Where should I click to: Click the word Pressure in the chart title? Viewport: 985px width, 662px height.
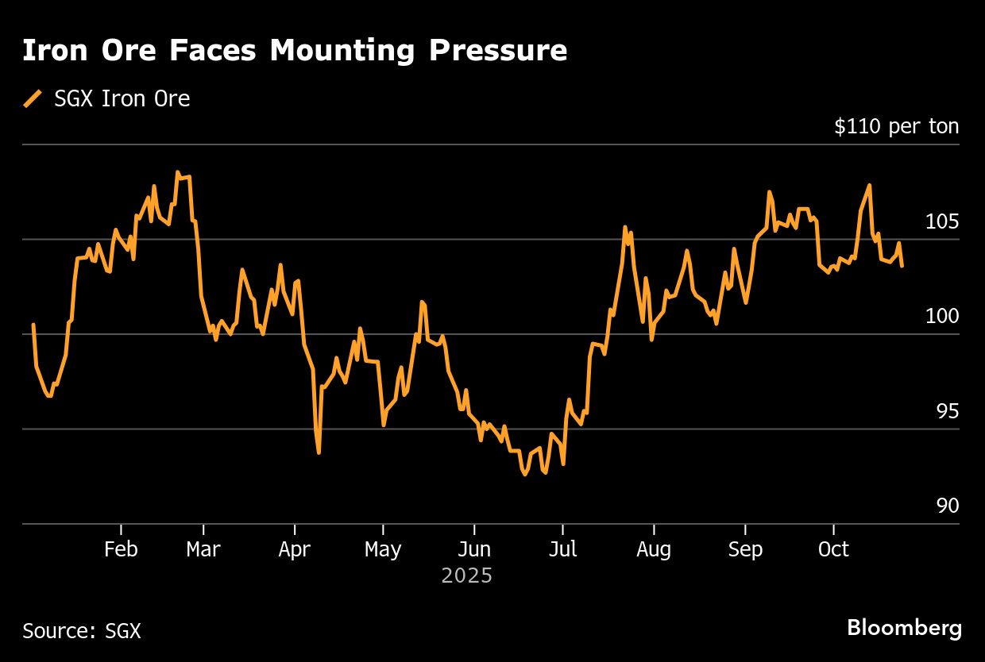(498, 51)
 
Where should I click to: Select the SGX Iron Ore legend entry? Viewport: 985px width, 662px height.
(122, 99)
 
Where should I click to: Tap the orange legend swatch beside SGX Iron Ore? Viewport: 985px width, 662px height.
(33, 99)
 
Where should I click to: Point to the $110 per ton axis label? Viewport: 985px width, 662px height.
(896, 126)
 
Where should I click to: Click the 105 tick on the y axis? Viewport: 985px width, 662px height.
(942, 221)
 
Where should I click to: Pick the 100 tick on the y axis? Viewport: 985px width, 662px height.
(942, 317)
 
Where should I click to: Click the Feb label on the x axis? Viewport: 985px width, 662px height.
(121, 549)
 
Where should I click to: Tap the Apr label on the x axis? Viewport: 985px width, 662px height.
(295, 549)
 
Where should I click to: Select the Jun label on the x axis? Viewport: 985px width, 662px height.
(474, 549)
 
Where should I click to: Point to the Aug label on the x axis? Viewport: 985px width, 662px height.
(653, 549)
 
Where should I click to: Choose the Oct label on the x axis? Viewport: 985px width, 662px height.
(833, 549)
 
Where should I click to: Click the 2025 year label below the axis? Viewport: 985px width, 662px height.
(467, 575)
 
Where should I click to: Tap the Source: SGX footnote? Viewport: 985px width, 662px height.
(82, 631)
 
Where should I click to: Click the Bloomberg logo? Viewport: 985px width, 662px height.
(904, 629)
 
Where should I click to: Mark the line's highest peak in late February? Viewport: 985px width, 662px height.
(177, 172)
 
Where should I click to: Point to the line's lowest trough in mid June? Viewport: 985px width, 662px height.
(524, 475)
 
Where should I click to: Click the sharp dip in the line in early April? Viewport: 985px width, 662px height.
(319, 452)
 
